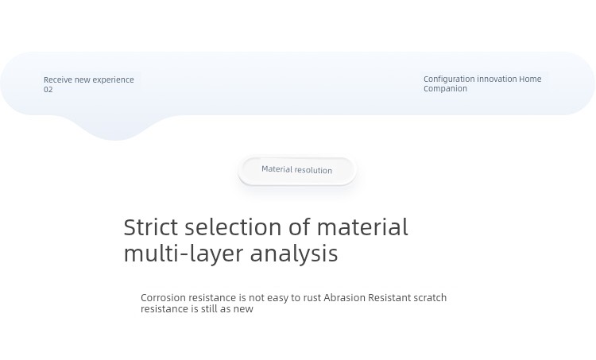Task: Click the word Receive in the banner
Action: click(58, 79)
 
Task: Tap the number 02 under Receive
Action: click(48, 90)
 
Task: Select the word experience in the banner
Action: click(114, 80)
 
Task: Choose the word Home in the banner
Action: click(530, 79)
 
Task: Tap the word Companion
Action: click(446, 89)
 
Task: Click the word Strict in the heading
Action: click(151, 227)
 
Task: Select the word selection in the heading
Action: click(234, 227)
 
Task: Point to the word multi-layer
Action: click(184, 254)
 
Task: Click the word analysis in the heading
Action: click(294, 254)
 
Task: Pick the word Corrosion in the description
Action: click(164, 298)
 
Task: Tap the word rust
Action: click(312, 298)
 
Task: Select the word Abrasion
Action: click(345, 298)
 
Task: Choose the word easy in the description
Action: click(278, 299)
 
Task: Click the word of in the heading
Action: click(300, 227)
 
